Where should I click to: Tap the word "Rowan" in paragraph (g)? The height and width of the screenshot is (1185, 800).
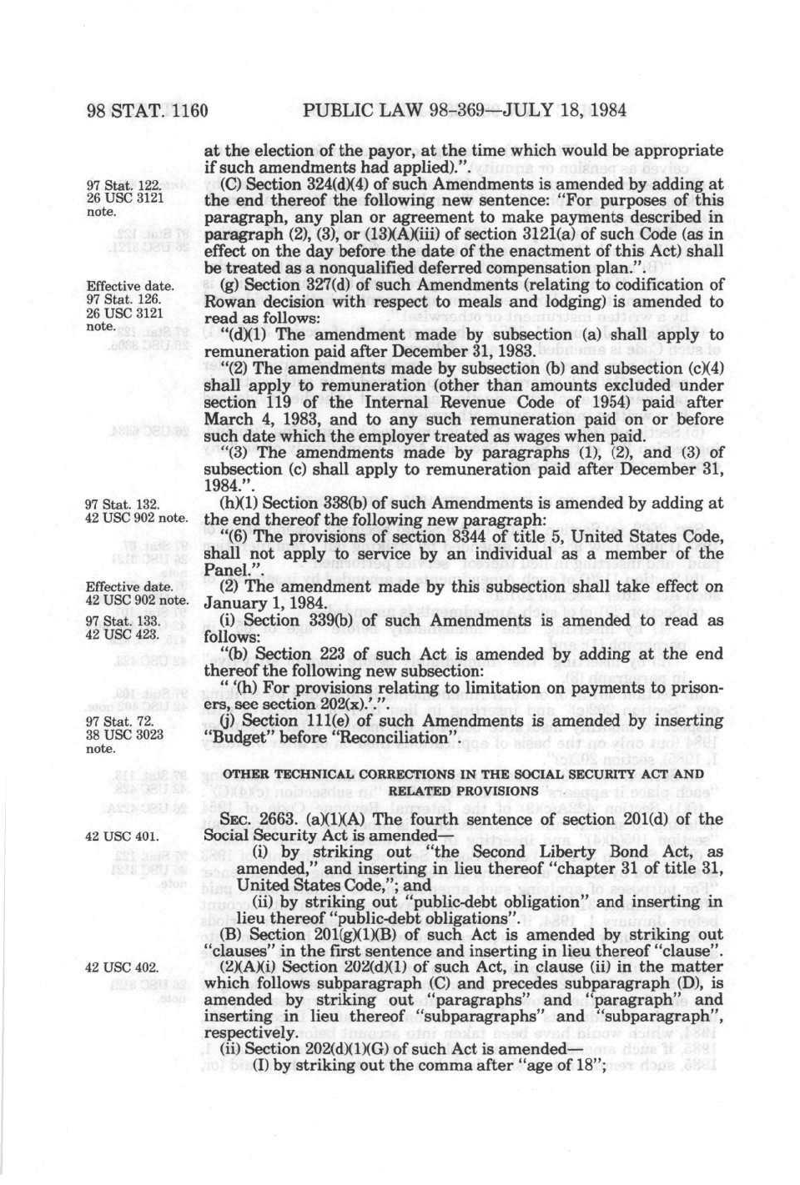(x=229, y=302)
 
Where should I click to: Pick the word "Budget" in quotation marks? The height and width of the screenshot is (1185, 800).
(x=235, y=738)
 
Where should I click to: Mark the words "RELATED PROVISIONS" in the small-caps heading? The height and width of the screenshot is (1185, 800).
(x=464, y=790)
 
